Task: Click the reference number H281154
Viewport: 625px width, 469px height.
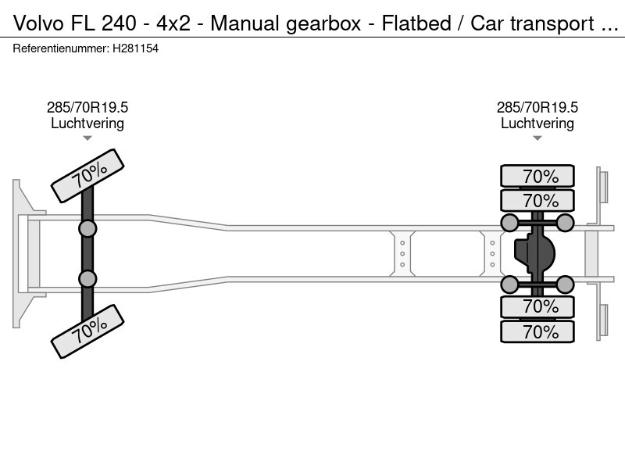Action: [136, 48]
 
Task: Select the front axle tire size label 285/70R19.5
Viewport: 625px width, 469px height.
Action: [87, 108]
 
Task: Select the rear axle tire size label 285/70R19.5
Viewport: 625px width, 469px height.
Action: [537, 108]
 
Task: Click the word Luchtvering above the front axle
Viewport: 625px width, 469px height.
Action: [87, 124]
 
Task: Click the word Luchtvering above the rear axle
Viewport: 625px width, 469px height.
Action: [537, 124]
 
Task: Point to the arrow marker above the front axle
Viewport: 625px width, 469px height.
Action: [87, 138]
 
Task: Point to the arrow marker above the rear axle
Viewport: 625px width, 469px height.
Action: [537, 138]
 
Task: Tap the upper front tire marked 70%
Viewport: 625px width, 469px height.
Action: [87, 176]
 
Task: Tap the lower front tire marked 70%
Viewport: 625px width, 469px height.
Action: [87, 331]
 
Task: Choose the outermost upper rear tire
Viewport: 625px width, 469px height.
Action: [537, 176]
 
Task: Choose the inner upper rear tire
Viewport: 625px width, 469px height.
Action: [537, 200]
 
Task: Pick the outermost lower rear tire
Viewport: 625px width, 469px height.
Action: [537, 332]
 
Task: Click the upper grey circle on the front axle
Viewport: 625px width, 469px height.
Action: [87, 228]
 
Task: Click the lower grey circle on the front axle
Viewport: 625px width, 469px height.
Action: [87, 279]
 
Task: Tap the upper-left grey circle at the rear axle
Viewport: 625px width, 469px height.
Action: [509, 224]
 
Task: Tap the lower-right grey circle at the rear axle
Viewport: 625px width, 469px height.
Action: [566, 284]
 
